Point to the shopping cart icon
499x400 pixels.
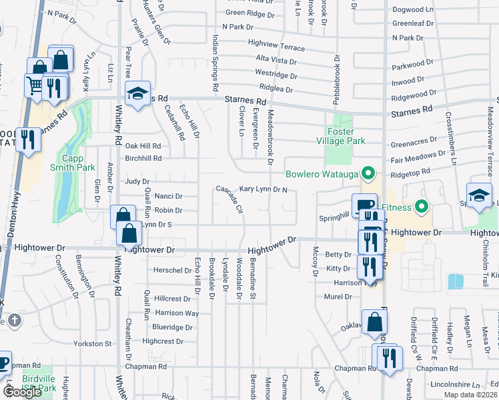pyautogui.click(x=34, y=84)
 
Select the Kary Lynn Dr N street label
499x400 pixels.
pyautogui.click(x=263, y=190)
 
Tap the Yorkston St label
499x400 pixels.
pyautogui.click(x=93, y=343)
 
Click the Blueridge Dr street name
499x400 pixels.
pyautogui.click(x=172, y=327)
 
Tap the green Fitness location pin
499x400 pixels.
pyautogui.click(x=420, y=207)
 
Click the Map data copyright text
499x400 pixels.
pyautogui.click(x=470, y=395)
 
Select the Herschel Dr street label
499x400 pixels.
pyautogui.click(x=172, y=270)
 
